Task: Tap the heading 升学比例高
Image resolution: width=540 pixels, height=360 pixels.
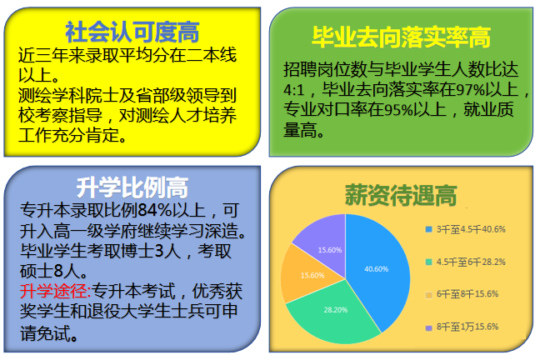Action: [x=132, y=184]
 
